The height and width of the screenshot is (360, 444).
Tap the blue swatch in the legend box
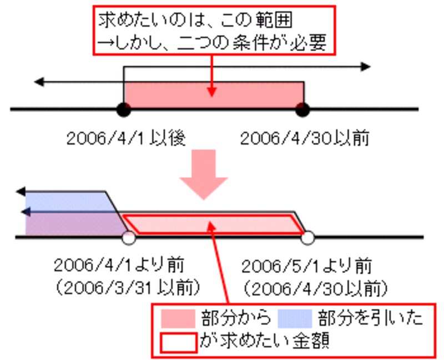(296, 318)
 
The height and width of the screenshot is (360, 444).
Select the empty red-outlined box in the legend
(178, 342)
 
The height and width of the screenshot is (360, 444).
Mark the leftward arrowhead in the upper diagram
(39, 82)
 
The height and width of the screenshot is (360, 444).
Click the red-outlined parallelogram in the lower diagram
(211, 224)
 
